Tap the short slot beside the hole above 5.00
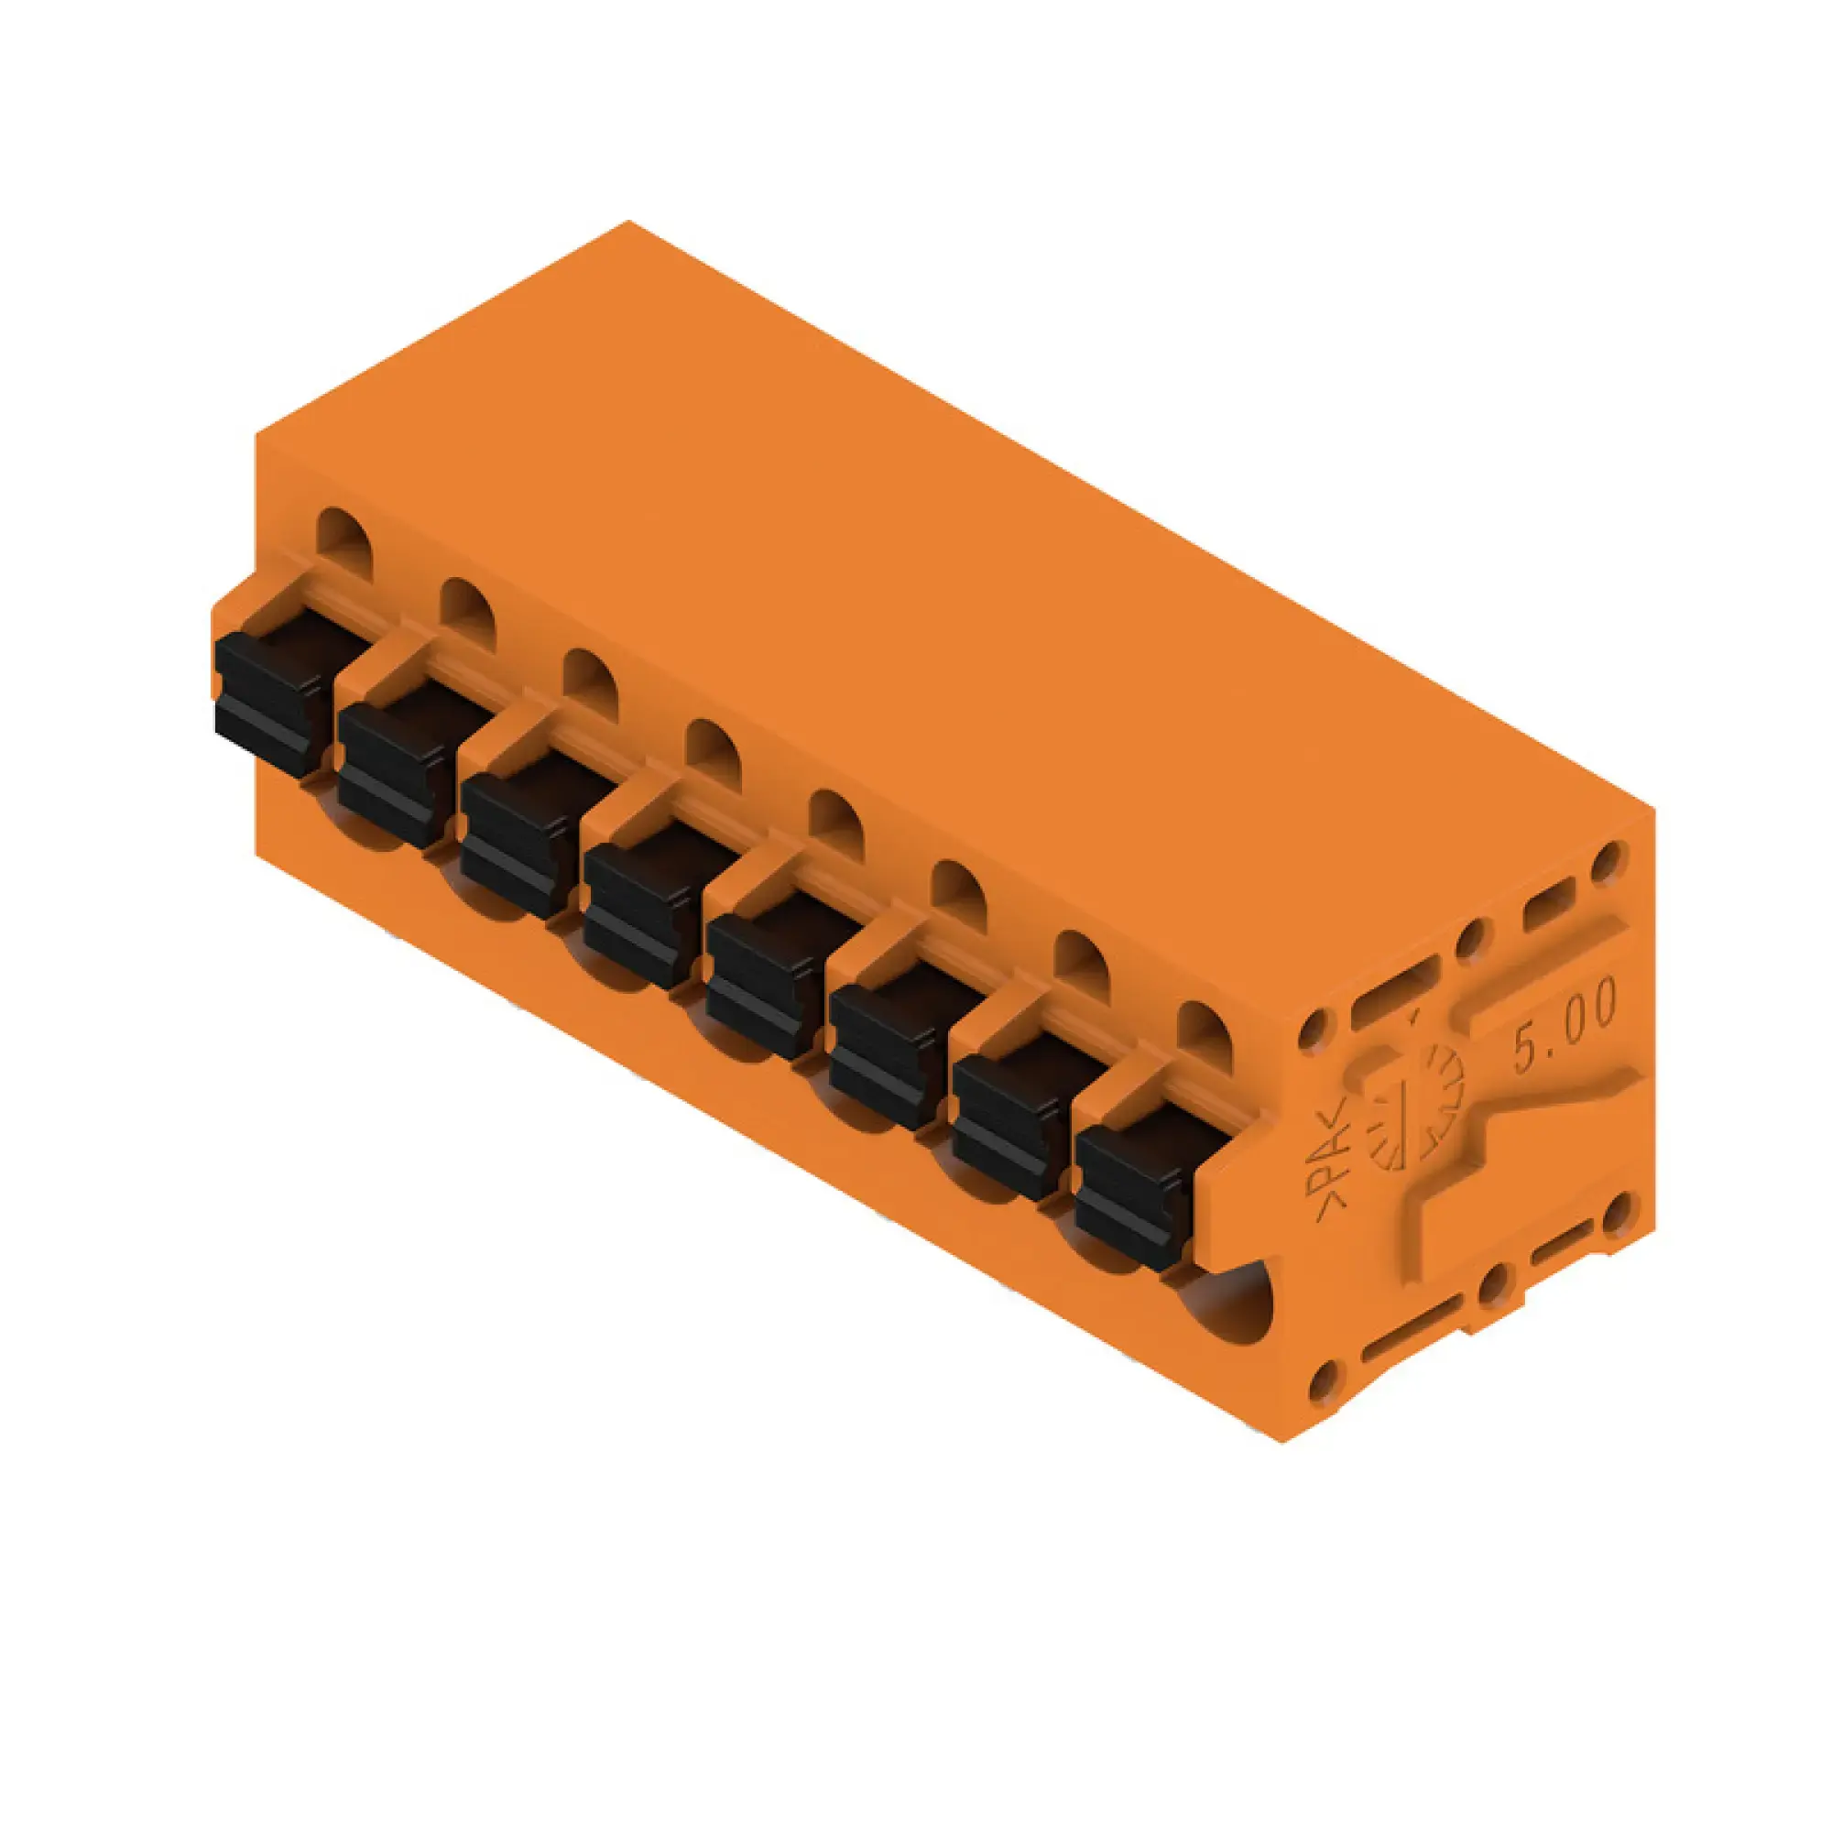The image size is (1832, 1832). [x=1547, y=896]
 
